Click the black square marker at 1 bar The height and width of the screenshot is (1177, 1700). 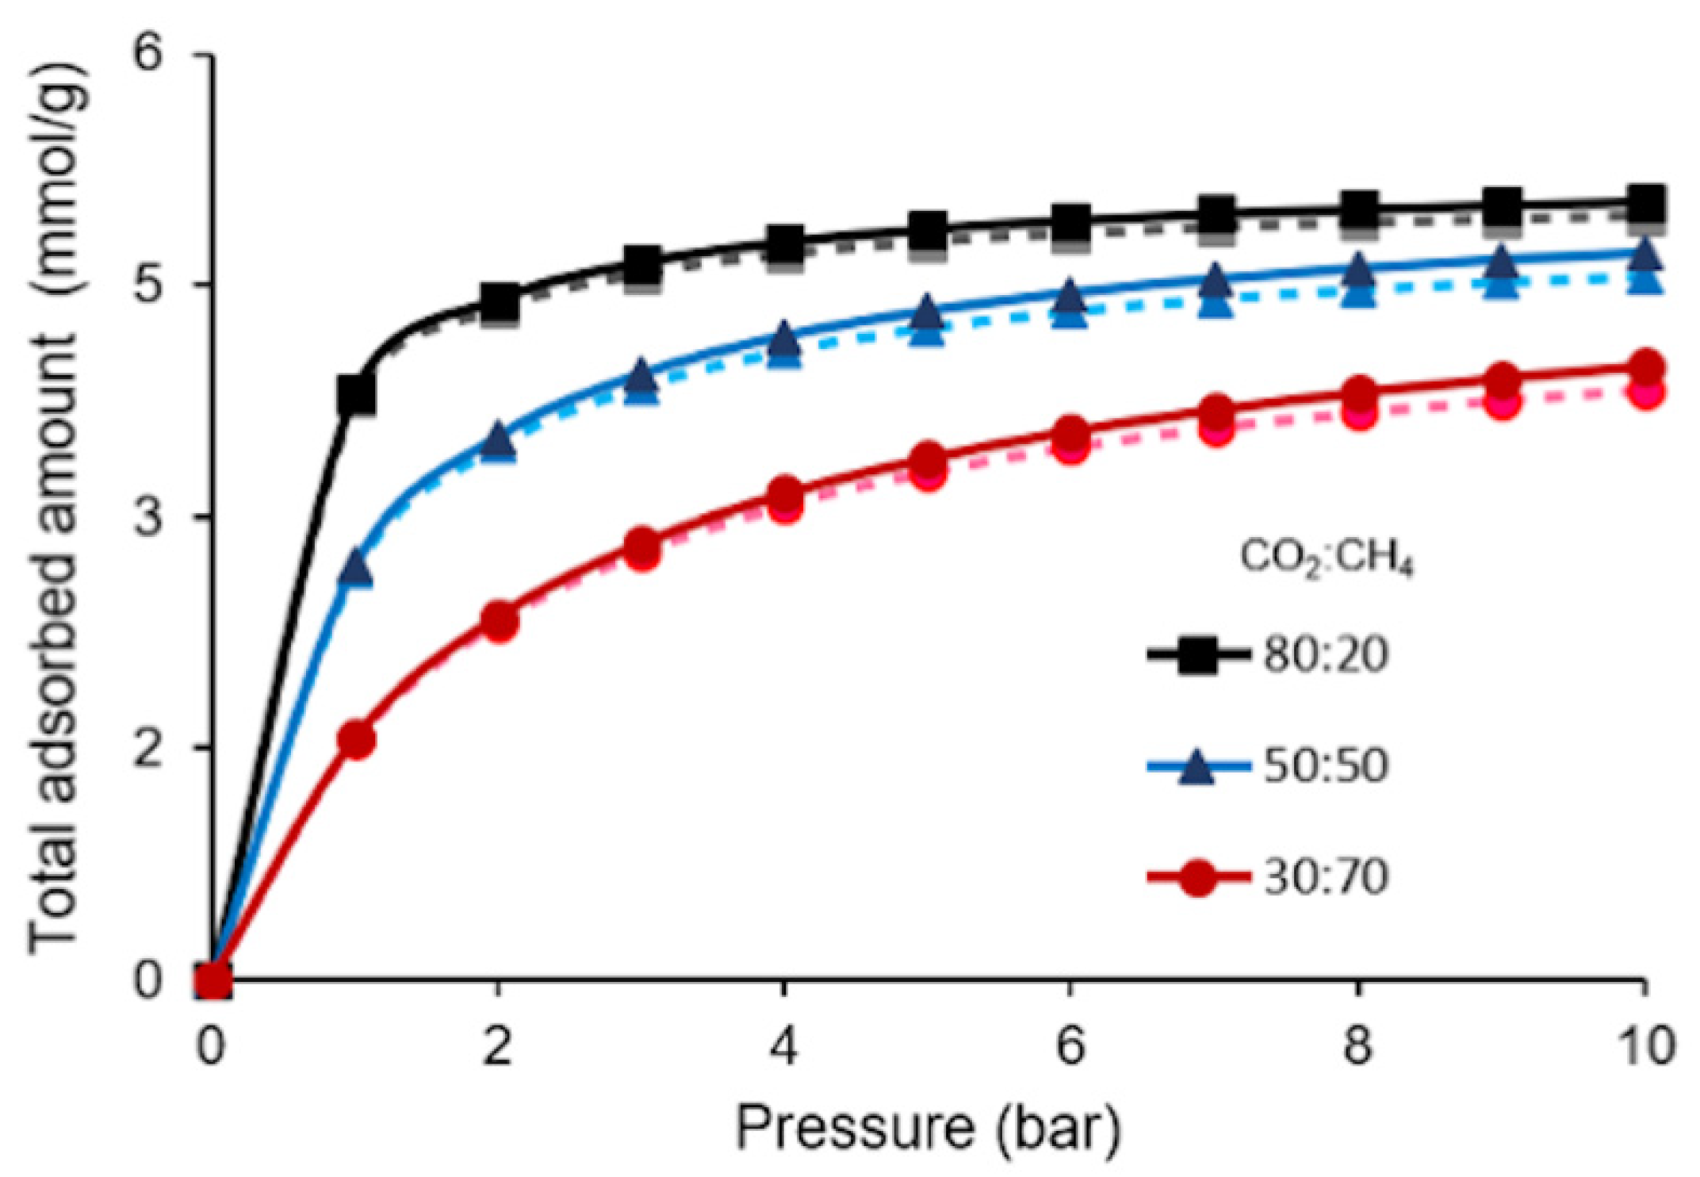pyautogui.click(x=356, y=394)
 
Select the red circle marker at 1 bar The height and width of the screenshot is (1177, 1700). pyautogui.click(x=356, y=740)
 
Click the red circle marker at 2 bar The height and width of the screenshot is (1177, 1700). pyautogui.click(x=500, y=622)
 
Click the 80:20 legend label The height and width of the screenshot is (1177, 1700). pyautogui.click(x=1326, y=655)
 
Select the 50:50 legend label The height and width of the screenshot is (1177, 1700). pyautogui.click(x=1326, y=766)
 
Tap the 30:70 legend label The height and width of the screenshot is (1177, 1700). pyautogui.click(x=1326, y=878)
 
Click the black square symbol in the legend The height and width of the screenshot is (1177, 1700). pyautogui.click(x=1197, y=655)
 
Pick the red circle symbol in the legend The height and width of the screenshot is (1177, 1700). pyautogui.click(x=1197, y=878)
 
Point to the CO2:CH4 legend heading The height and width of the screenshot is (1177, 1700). pyautogui.click(x=1327, y=558)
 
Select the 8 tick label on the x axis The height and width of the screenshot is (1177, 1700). pyautogui.click(x=1358, y=1046)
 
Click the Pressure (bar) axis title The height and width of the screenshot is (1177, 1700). pyautogui.click(x=928, y=1128)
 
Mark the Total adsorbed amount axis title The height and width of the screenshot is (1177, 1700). pyautogui.click(x=56, y=508)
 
